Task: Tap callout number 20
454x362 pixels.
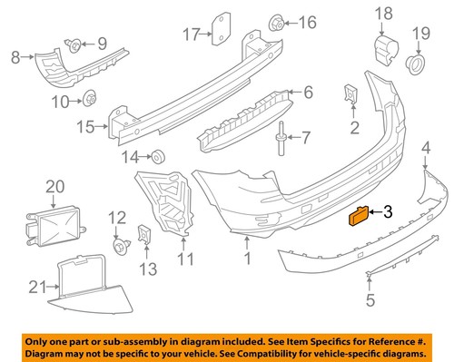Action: tap(55, 187)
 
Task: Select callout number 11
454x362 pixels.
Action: tap(185, 259)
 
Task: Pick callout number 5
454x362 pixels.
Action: tap(370, 299)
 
